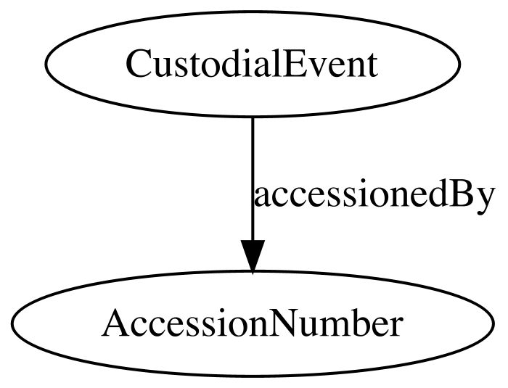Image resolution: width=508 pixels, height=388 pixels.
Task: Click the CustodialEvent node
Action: pos(253,63)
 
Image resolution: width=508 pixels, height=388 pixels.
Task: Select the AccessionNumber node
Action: pos(253,323)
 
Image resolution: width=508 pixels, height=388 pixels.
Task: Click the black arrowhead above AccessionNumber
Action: pos(253,255)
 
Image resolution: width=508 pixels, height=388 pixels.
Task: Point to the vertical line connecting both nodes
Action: pos(253,178)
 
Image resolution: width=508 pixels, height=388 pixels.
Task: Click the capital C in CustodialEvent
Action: pos(139,63)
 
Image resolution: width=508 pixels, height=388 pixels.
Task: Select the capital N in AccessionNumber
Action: pos(282,323)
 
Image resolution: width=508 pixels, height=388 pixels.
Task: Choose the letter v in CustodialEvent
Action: pos(318,67)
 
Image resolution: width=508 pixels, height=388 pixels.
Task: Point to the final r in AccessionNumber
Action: pos(395,327)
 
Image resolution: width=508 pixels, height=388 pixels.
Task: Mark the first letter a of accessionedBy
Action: pos(263,197)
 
